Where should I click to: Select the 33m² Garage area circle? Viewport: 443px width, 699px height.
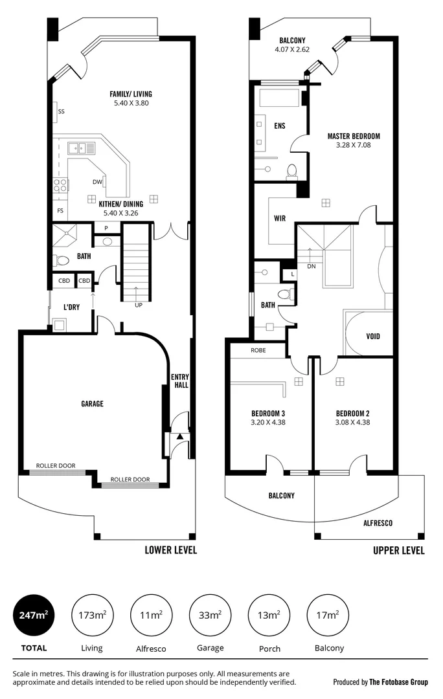click(210, 616)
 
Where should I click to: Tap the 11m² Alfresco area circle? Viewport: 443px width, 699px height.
click(152, 616)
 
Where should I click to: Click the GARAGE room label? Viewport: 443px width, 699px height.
click(92, 404)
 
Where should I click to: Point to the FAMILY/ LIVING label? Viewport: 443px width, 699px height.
click(131, 94)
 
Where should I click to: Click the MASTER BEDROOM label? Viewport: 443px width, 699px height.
click(353, 137)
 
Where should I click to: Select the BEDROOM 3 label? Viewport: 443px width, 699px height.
click(269, 414)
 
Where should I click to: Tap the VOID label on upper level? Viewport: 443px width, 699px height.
click(372, 337)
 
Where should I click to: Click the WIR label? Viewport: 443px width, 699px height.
click(280, 218)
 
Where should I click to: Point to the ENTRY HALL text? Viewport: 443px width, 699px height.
click(179, 381)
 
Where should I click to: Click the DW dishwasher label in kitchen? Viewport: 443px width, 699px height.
click(97, 182)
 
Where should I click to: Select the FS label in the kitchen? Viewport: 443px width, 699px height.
click(60, 211)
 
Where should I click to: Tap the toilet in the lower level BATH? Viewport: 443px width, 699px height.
click(63, 261)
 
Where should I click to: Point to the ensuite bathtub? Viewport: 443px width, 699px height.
click(279, 98)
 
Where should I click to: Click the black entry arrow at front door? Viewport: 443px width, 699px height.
click(179, 438)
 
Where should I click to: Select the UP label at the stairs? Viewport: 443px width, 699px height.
click(139, 304)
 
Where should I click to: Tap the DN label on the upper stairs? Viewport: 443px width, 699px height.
click(312, 266)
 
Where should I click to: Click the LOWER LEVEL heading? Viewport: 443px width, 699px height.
click(170, 550)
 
